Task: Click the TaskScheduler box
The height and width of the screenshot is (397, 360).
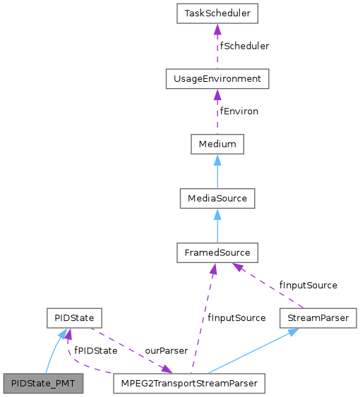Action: click(x=217, y=13)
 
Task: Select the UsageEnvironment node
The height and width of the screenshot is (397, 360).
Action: click(x=217, y=78)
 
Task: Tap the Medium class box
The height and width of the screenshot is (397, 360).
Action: click(x=217, y=144)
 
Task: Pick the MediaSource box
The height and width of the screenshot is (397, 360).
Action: click(x=217, y=198)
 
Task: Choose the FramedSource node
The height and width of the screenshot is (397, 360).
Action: click(x=217, y=252)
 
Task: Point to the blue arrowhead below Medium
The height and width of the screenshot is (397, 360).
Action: click(x=217, y=158)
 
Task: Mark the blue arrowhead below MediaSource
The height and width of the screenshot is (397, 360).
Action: click(x=217, y=212)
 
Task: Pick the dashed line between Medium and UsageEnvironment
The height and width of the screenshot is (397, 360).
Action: click(x=217, y=114)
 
